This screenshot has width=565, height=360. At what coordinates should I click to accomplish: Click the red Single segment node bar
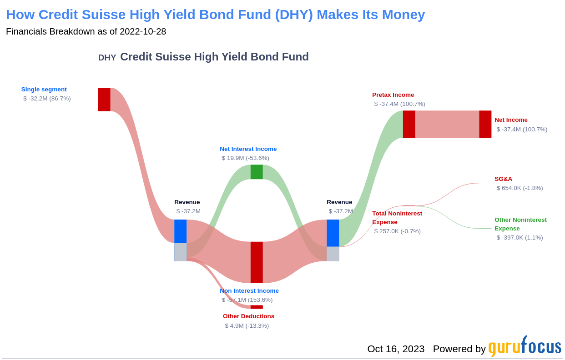[x=104, y=100]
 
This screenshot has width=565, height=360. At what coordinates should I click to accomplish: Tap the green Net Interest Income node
[x=257, y=172]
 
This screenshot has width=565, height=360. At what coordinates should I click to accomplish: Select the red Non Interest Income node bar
[x=257, y=262]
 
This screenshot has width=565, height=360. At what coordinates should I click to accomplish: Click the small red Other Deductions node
[x=257, y=307]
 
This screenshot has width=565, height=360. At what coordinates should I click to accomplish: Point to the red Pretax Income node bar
[x=409, y=124]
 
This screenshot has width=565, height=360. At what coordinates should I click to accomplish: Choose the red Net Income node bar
[x=485, y=124]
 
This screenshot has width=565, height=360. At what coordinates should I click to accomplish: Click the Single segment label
[x=44, y=90]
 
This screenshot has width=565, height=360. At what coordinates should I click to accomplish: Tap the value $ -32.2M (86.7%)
[x=47, y=99]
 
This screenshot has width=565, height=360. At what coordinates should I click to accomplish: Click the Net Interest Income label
[x=248, y=149]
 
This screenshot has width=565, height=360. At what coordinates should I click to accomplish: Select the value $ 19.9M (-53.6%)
[x=245, y=158]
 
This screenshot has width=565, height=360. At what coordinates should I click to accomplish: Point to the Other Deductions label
[x=248, y=316]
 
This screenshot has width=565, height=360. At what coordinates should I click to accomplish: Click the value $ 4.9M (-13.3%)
[x=247, y=326]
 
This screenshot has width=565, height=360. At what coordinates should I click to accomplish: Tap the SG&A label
[x=503, y=179]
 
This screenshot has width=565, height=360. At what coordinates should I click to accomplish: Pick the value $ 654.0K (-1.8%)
[x=520, y=188]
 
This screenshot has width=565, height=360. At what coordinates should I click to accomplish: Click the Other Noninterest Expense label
[x=520, y=224]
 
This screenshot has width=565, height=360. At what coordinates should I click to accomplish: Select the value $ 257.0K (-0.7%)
[x=397, y=231]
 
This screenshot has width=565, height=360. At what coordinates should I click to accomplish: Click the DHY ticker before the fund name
[x=107, y=58]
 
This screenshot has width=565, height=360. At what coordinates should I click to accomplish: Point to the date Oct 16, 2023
[x=396, y=349]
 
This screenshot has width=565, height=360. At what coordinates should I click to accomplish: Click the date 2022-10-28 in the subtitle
[x=143, y=31]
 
